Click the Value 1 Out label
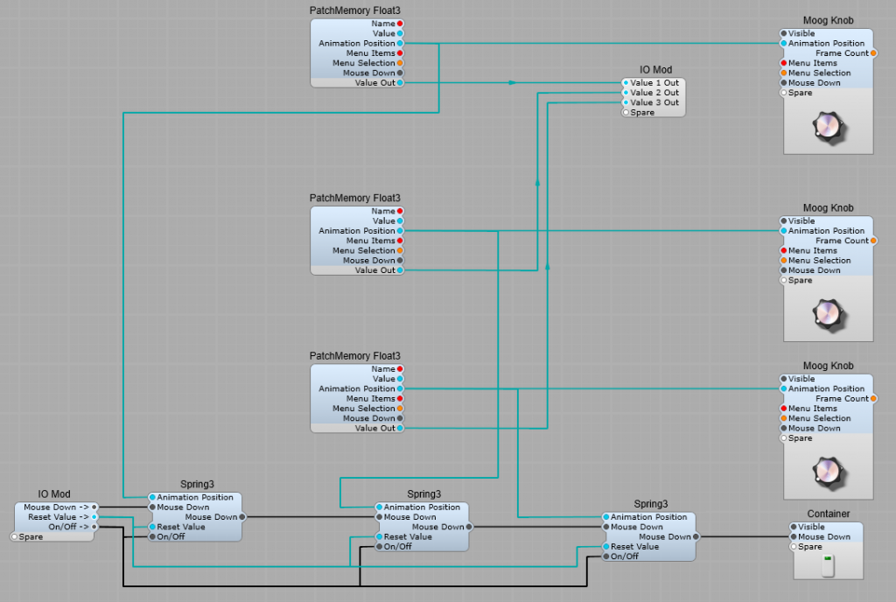(x=654, y=83)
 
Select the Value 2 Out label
(x=654, y=93)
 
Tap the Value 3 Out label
(x=654, y=102)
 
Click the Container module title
(x=828, y=514)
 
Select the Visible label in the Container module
(x=811, y=527)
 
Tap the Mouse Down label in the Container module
(x=823, y=537)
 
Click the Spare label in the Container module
(x=810, y=547)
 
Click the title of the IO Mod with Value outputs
(x=654, y=70)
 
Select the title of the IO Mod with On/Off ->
(x=54, y=494)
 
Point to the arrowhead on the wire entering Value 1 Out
(x=512, y=83)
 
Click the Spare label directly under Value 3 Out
(x=642, y=113)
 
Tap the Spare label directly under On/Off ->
(x=31, y=536)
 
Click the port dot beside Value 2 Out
(x=626, y=93)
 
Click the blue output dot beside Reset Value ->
(x=94, y=517)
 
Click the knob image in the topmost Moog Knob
(x=828, y=129)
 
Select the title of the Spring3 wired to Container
(x=650, y=504)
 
